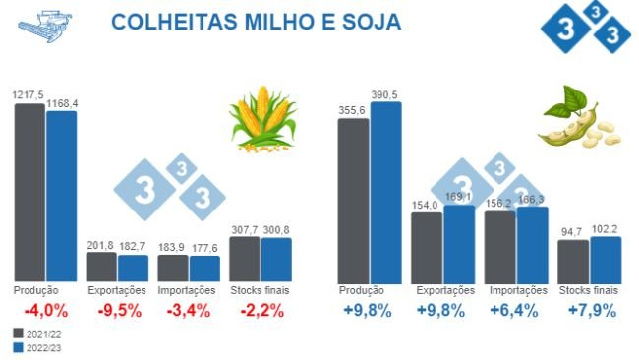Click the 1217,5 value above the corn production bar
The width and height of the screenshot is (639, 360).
pos(29,93)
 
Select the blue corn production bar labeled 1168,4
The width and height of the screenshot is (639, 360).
pos(61,197)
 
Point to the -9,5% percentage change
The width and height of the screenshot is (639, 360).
pos(117,312)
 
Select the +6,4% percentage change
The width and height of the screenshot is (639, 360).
pos(516,312)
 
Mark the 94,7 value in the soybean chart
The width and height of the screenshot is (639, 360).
pos(572,233)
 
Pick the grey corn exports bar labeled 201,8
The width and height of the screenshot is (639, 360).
pos(101,267)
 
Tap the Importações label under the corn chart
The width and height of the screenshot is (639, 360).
pos(188,291)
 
